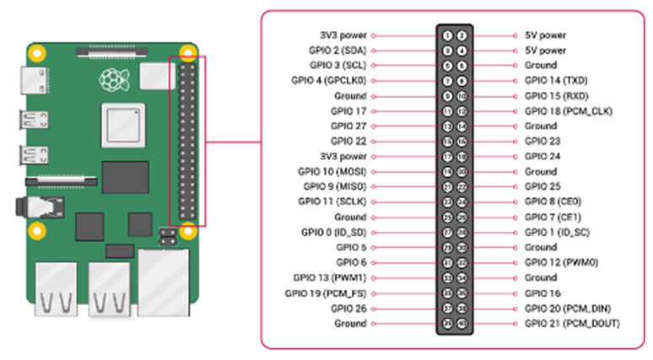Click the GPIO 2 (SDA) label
pos(338,51)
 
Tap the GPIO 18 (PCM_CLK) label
pos(568,111)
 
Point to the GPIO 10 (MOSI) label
pos(335,172)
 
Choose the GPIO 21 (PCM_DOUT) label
pos(572,324)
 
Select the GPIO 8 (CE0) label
pos(553,202)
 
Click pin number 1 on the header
pos(449,35)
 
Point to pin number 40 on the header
pos(461,324)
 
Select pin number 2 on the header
pos(461,35)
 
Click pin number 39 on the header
pos(449,324)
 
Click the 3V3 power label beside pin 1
pos(343,35)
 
